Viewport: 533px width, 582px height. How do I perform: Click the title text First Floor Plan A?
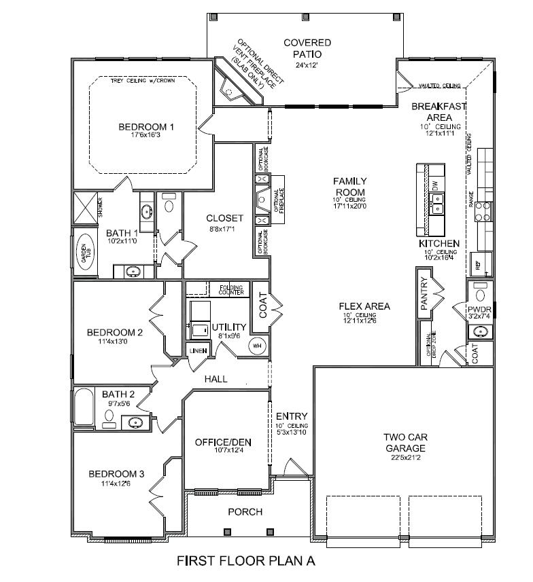[x=246, y=562]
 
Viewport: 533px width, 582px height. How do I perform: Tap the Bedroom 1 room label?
[x=146, y=126]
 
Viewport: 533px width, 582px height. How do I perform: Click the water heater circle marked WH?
[x=257, y=345]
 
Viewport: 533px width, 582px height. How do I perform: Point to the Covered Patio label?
[x=307, y=48]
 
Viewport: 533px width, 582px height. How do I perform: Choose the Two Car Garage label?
[x=404, y=443]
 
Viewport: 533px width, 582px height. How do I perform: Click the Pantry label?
[x=424, y=293]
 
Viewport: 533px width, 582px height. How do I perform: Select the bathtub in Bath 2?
[x=84, y=409]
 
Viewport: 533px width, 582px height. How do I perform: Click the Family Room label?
[x=349, y=187]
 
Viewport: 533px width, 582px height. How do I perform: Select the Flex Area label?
[x=364, y=306]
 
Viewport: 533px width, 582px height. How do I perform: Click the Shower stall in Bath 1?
[x=86, y=208]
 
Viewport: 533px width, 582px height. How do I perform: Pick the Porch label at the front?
[x=245, y=511]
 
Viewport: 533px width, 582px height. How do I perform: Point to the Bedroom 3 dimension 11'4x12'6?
[x=116, y=484]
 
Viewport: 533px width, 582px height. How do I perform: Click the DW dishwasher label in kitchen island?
[x=435, y=184]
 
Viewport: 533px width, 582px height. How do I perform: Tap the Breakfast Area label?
[x=439, y=112]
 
